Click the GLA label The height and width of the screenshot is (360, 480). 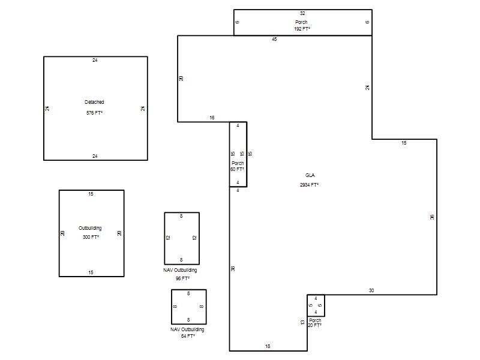[310, 175]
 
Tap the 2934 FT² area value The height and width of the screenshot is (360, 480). [309, 185]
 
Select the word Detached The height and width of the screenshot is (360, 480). [94, 102]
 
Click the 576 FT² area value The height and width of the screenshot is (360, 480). [94, 113]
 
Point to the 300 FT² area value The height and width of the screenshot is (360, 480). [91, 237]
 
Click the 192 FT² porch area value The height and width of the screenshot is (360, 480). [302, 29]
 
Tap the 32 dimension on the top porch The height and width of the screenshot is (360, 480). [302, 13]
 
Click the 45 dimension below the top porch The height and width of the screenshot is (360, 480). [274, 39]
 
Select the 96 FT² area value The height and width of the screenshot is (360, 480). [182, 278]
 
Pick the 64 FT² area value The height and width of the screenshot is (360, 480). [188, 336]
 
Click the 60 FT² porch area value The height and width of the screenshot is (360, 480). [237, 169]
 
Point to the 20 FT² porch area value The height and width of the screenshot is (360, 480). [314, 325]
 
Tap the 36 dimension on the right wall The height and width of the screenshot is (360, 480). [432, 217]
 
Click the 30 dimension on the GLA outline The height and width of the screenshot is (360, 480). [371, 290]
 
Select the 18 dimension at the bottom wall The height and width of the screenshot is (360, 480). [268, 346]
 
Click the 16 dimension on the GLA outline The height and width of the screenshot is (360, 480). [212, 118]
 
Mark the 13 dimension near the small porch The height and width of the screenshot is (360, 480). [302, 322]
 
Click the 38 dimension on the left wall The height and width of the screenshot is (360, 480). [233, 268]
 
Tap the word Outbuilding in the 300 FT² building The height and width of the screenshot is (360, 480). [90, 228]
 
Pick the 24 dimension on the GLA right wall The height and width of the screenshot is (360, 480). [367, 88]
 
